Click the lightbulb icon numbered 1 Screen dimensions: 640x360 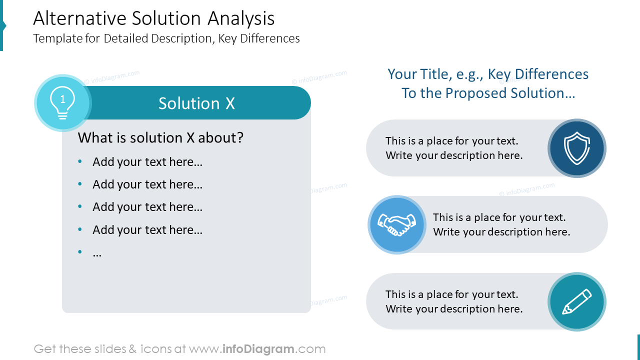coord(62,103)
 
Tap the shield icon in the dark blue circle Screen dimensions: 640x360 coord(577,148)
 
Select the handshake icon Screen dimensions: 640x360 coord(397,225)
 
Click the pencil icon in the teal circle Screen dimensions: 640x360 coord(577,301)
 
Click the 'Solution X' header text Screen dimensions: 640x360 coord(196,103)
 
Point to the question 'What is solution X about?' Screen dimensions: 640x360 coord(160,137)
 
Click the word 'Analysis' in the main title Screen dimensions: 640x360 coord(241,18)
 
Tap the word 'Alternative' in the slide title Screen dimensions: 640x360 coord(79,18)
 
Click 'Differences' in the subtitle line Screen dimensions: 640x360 coord(269,38)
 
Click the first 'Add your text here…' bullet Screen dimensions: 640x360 coord(147,162)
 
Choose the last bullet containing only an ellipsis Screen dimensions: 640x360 coord(97,253)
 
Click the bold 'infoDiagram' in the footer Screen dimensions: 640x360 coord(258,349)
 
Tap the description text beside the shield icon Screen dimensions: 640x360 coord(454,148)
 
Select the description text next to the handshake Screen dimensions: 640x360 coord(501,224)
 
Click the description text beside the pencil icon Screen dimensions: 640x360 coord(454,301)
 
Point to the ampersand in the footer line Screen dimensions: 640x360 coord(132,349)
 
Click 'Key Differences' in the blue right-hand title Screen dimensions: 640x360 coord(538,74)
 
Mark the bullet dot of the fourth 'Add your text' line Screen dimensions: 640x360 coord(80,229)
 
